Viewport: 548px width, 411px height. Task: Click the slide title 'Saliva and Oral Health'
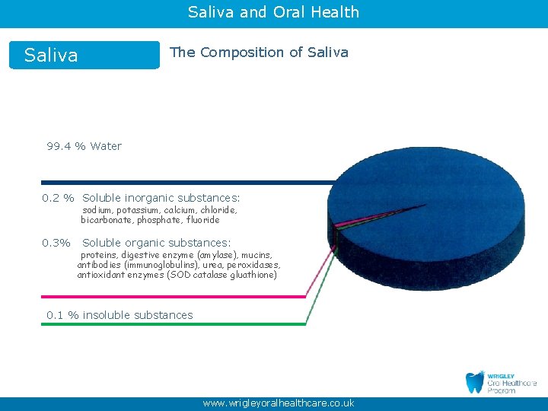click(273, 12)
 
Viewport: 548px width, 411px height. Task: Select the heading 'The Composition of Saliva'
click(259, 53)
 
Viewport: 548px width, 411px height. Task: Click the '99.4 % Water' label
click(84, 146)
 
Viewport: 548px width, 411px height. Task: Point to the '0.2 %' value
click(58, 198)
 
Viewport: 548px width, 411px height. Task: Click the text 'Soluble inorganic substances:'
click(161, 198)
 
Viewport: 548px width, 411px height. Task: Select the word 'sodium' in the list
click(97, 210)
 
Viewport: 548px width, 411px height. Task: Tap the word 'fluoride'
click(202, 220)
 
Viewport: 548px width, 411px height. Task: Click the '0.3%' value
click(56, 243)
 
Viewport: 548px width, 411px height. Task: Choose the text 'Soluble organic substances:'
click(156, 243)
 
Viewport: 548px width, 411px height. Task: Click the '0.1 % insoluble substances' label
click(119, 315)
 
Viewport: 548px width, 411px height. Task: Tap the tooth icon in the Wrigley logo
click(475, 382)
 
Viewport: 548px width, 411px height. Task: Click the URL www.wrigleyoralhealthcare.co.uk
click(278, 403)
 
